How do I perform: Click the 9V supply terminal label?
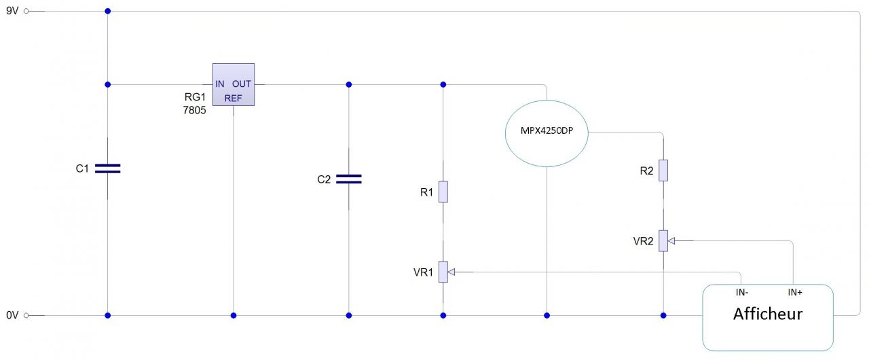pyautogui.click(x=12, y=11)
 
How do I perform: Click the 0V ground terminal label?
pyautogui.click(x=12, y=315)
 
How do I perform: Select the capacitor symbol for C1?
pyautogui.click(x=107, y=168)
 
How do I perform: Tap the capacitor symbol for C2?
pyautogui.click(x=349, y=179)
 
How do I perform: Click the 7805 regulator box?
pyautogui.click(x=233, y=85)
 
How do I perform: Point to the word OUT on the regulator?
pyautogui.click(x=242, y=84)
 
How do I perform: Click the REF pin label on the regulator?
pyautogui.click(x=233, y=98)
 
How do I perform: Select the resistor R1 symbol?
pyautogui.click(x=443, y=192)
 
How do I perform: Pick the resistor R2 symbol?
pyautogui.click(x=663, y=170)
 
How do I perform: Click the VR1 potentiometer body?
pyautogui.click(x=443, y=272)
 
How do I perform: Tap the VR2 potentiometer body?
pyautogui.click(x=663, y=240)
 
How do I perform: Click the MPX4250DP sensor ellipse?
pyautogui.click(x=547, y=132)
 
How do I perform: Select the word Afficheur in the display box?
pyautogui.click(x=768, y=314)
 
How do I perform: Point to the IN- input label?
pyautogui.click(x=741, y=293)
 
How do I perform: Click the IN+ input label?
pyautogui.click(x=795, y=293)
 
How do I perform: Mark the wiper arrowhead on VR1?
pyautogui.click(x=451, y=272)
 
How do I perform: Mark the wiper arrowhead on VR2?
pyautogui.click(x=671, y=240)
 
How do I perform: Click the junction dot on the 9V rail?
pyautogui.click(x=107, y=11)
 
